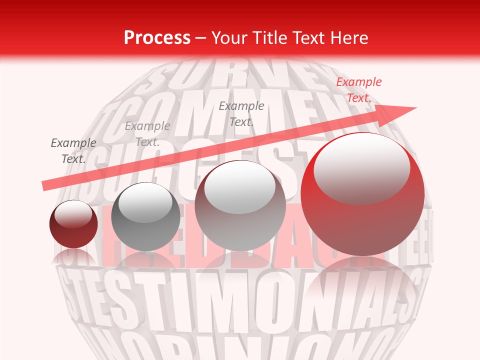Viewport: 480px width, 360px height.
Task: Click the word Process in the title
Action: (x=157, y=38)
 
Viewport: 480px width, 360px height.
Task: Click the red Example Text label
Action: (x=358, y=90)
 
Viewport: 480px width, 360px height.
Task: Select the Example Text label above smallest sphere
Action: (x=73, y=151)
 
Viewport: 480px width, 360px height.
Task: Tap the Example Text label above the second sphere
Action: (x=147, y=134)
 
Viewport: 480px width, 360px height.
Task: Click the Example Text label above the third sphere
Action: (x=241, y=114)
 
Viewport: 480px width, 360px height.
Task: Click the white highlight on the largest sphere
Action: (x=362, y=167)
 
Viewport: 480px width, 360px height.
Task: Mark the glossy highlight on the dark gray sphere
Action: (x=145, y=202)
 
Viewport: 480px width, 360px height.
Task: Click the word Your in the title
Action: (x=229, y=38)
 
